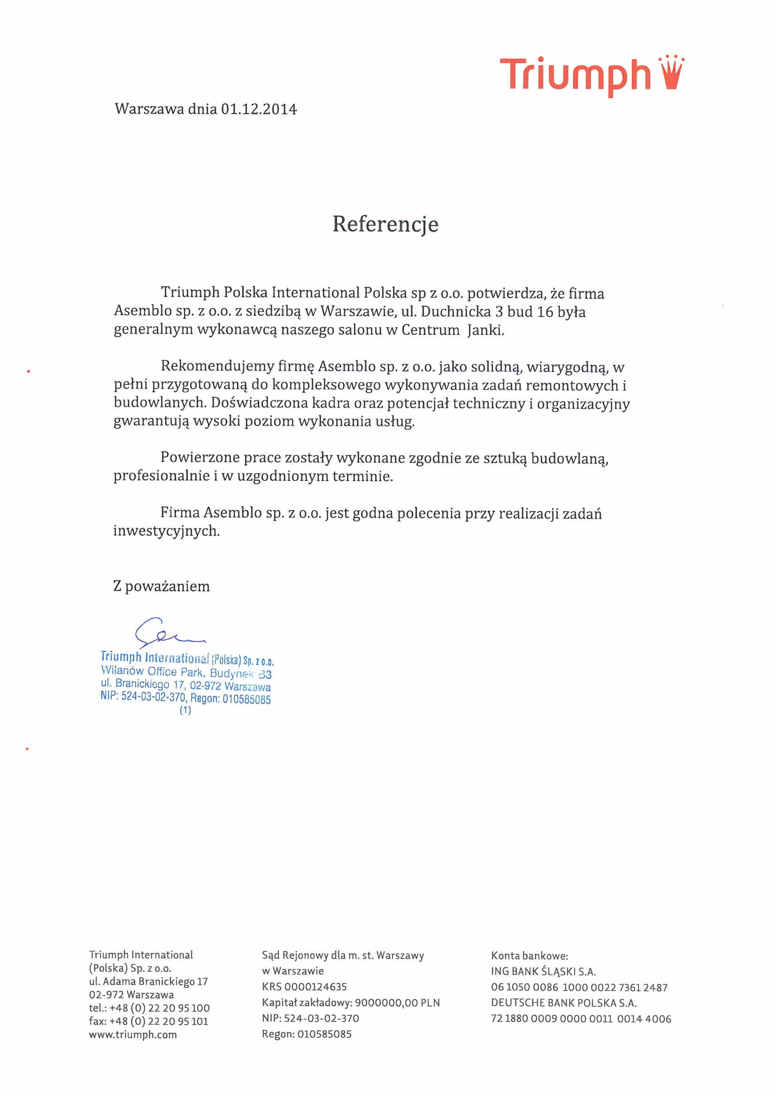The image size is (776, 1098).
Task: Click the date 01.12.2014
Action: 258,109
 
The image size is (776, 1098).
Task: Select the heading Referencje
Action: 385,224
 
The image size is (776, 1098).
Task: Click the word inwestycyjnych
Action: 166,531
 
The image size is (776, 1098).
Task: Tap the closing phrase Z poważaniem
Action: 161,586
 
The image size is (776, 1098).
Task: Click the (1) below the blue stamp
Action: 185,710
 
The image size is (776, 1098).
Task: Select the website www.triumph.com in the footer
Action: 133,1034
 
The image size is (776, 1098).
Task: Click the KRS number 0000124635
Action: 315,986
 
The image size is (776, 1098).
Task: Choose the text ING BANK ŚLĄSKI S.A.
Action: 543,971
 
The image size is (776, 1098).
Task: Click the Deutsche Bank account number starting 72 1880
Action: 581,1019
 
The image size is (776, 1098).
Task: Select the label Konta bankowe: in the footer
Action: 529,956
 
